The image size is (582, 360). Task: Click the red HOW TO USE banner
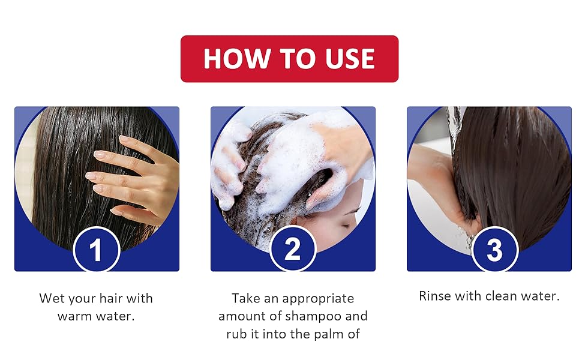290,59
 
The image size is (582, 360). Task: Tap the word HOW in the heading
237,59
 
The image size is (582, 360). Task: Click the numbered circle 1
96,249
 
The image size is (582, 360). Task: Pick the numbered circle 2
292,248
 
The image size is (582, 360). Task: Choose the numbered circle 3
495,249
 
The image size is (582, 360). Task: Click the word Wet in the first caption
52,298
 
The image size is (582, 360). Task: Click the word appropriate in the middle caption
318,299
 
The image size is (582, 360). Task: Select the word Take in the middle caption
246,298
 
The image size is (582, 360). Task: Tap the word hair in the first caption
112,298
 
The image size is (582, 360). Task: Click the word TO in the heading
298,59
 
